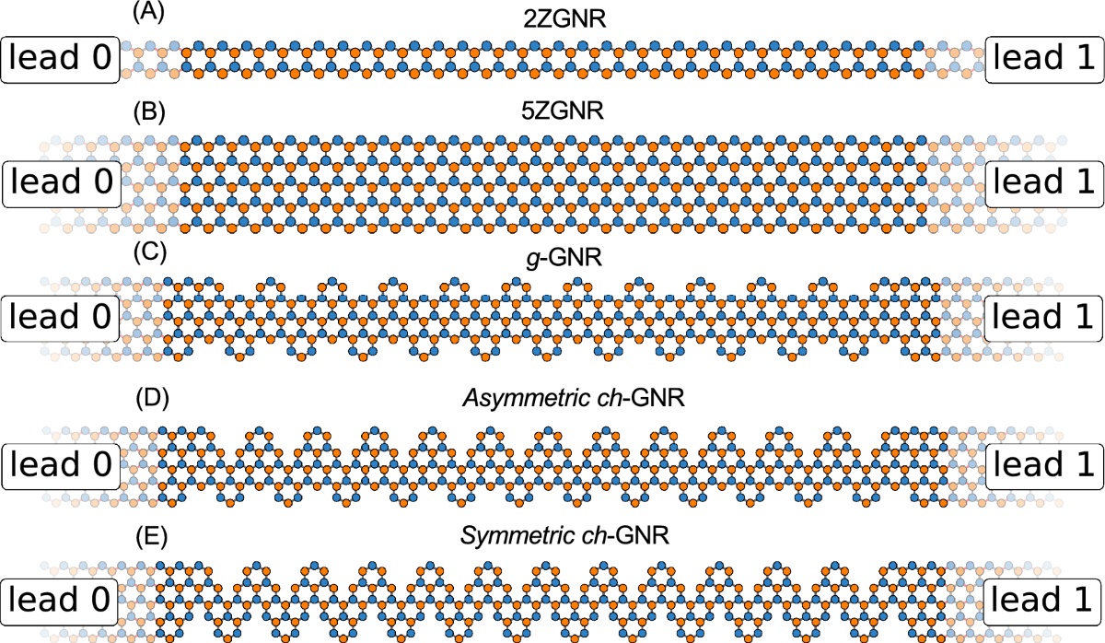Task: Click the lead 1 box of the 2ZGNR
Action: click(1044, 60)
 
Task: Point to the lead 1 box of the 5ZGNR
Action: click(1044, 182)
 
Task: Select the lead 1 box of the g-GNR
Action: click(1044, 318)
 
